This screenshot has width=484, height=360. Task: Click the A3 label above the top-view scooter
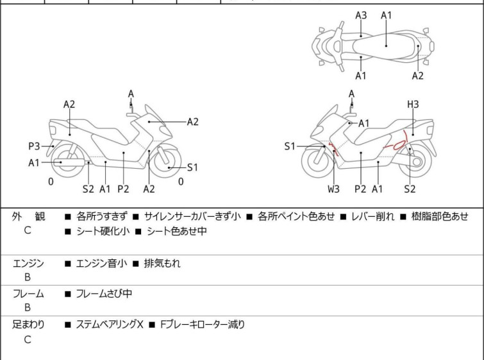(361, 15)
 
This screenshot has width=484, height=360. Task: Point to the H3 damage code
(413, 105)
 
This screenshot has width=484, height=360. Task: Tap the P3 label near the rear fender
(35, 146)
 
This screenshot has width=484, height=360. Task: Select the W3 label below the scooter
(334, 189)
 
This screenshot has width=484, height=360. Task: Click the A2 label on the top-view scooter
(418, 76)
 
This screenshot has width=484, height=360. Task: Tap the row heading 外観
(28, 217)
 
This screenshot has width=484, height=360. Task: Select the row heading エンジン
(28, 263)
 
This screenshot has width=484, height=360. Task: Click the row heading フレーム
(28, 294)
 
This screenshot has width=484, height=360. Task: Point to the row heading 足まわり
(28, 325)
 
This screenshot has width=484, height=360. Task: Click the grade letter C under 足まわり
(28, 340)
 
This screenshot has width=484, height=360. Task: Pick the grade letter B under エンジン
(28, 278)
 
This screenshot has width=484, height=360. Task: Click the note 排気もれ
(162, 263)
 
